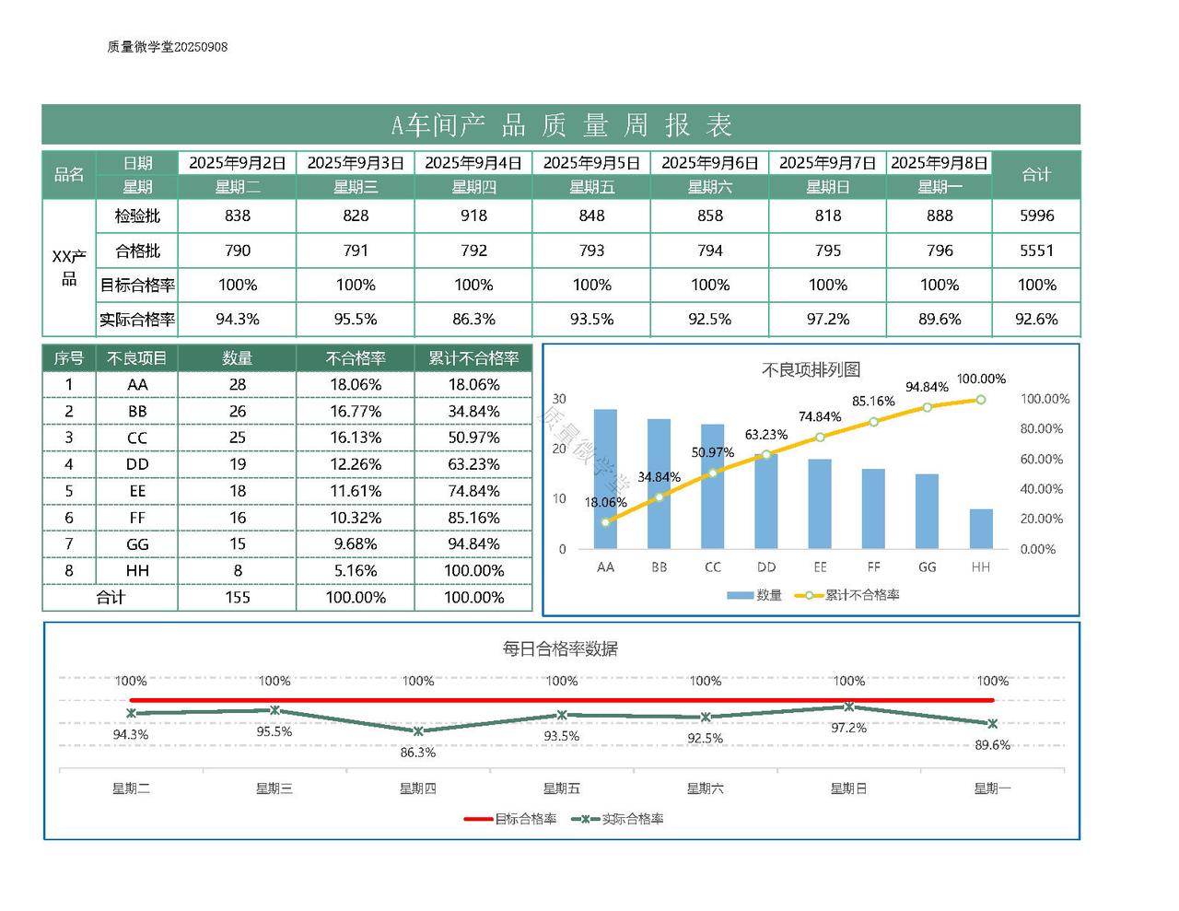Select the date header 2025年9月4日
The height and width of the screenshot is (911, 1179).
(x=473, y=163)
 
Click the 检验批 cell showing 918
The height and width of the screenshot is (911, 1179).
(x=473, y=216)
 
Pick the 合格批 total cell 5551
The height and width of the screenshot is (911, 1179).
(x=1036, y=251)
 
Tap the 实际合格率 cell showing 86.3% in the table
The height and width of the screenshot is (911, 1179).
(x=473, y=320)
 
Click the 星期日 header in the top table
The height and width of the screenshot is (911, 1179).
(x=827, y=187)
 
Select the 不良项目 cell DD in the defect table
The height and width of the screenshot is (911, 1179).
(x=137, y=464)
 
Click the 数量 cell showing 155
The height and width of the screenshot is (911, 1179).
(x=237, y=597)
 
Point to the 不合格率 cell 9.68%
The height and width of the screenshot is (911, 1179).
(x=356, y=544)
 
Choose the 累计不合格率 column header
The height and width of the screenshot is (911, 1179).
(x=473, y=358)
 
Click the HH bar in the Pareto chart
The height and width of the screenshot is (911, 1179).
(x=981, y=529)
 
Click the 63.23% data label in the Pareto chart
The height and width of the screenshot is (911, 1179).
(x=766, y=435)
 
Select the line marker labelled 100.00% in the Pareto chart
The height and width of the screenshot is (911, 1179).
(x=981, y=400)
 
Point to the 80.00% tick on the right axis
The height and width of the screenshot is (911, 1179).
(x=1041, y=429)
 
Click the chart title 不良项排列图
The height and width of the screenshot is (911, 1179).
(x=811, y=369)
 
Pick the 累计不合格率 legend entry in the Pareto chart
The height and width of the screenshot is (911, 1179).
(x=852, y=595)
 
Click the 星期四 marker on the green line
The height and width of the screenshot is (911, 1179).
(x=418, y=731)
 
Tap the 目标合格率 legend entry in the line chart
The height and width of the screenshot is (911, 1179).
(x=512, y=819)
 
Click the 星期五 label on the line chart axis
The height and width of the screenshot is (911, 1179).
(x=561, y=788)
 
